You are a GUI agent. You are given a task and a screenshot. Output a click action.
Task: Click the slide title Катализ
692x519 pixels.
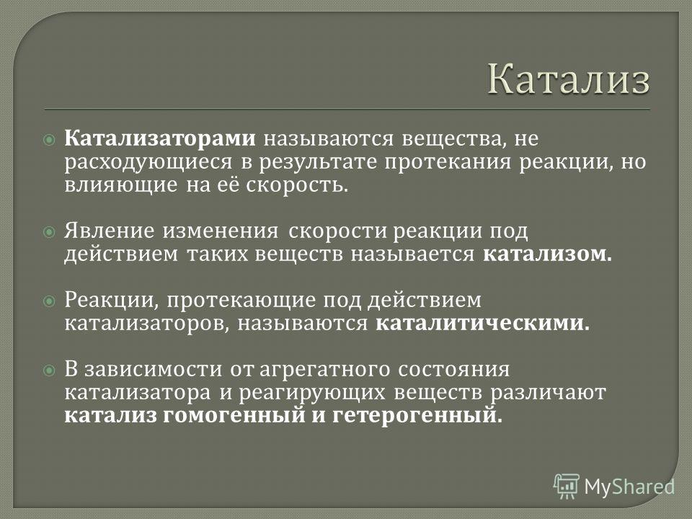click(569, 79)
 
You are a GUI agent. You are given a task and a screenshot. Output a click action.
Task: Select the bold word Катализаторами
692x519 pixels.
click(160, 138)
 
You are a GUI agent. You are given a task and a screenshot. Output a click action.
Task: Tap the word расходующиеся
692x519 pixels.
click(148, 163)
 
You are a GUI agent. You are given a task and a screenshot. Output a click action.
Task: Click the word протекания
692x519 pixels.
click(448, 163)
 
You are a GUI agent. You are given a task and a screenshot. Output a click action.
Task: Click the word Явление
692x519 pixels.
click(110, 231)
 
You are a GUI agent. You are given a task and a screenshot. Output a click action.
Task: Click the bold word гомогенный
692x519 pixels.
click(234, 415)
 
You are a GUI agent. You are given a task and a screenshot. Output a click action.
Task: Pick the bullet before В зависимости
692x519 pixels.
click(49, 371)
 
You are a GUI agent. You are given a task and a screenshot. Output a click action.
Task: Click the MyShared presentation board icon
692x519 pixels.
click(567, 487)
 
